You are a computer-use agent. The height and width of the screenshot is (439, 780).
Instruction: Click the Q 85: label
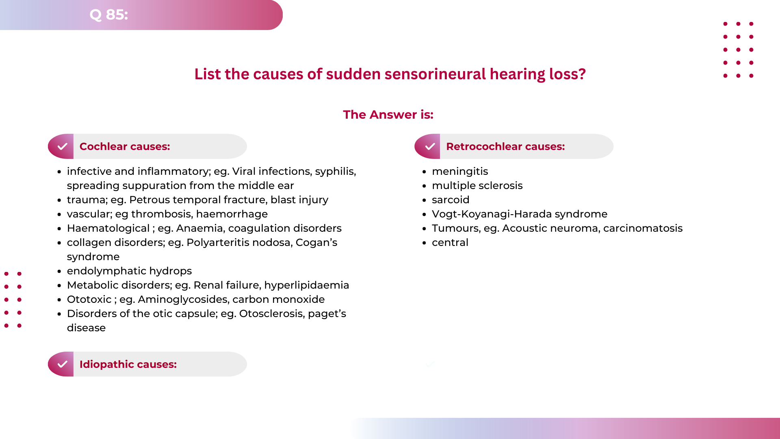click(x=108, y=15)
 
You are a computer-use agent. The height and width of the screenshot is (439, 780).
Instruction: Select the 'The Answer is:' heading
click(x=388, y=115)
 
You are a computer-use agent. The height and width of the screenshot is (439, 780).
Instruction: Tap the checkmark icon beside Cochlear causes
click(x=62, y=146)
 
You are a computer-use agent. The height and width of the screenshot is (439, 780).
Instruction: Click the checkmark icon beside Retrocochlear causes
click(x=429, y=146)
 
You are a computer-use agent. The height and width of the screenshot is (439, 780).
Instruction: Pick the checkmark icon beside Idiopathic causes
click(x=62, y=364)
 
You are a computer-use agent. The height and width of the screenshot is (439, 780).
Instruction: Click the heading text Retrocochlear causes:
click(x=505, y=146)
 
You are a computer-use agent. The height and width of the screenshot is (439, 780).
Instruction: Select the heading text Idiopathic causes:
click(x=128, y=364)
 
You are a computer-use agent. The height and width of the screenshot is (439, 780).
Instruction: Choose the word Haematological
click(x=108, y=228)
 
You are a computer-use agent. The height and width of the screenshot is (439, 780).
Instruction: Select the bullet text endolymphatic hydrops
click(x=129, y=271)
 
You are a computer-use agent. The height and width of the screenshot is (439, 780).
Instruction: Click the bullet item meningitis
click(x=460, y=172)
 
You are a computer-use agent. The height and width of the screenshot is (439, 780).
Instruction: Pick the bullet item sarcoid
click(x=451, y=200)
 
